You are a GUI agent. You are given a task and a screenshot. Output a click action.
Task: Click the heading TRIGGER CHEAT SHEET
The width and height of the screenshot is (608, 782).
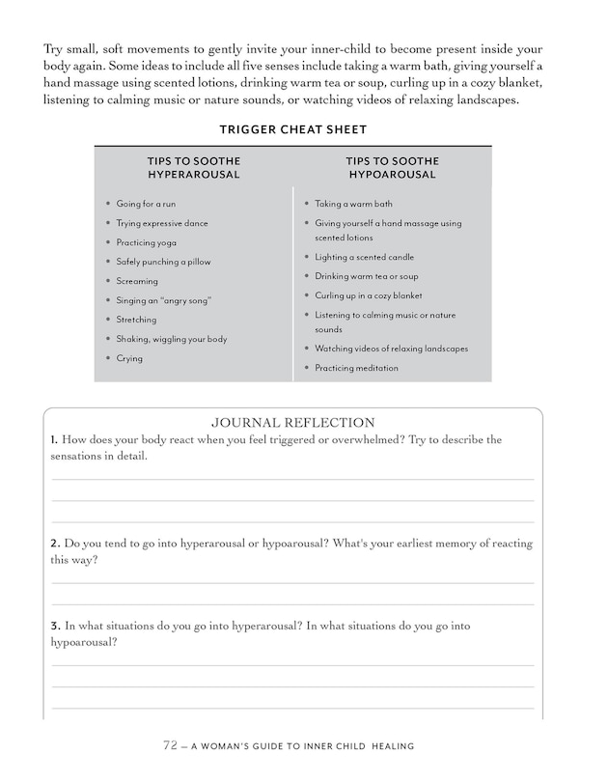point(291,129)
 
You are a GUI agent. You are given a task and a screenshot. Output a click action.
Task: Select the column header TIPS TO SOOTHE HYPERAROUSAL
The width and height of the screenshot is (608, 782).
point(193,167)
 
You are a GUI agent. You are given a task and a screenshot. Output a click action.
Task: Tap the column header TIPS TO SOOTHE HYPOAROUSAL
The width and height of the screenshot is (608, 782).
point(392,167)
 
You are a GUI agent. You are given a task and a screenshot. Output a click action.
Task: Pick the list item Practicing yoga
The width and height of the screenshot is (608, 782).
point(146,242)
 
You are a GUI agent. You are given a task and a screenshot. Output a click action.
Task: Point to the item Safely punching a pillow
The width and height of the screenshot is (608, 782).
point(163,262)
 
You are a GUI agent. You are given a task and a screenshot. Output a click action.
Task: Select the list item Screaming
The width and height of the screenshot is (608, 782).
point(137,281)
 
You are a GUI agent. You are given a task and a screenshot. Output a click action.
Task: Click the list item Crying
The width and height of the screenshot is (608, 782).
point(129,358)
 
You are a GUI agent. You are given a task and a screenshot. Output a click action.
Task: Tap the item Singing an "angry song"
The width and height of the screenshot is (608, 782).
point(163,300)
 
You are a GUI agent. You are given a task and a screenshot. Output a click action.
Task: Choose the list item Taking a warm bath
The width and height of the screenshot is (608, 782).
point(353,204)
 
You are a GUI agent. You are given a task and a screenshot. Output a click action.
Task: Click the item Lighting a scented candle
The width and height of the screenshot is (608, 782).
point(365,257)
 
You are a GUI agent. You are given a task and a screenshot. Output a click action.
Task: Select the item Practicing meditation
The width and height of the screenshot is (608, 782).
point(356,368)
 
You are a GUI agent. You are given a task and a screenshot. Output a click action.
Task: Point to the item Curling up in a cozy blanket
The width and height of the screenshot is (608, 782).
point(369,295)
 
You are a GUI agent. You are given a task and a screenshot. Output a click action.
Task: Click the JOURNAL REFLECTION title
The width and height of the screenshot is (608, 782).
point(292,422)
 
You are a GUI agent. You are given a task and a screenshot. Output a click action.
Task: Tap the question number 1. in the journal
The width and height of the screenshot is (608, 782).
point(55,439)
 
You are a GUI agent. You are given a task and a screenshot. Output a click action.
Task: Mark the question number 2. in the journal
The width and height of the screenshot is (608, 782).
point(55,544)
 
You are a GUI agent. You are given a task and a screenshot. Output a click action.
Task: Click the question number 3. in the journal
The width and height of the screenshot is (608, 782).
point(55,626)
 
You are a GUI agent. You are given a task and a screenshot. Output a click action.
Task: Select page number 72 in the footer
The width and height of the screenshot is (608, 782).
point(171,745)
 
